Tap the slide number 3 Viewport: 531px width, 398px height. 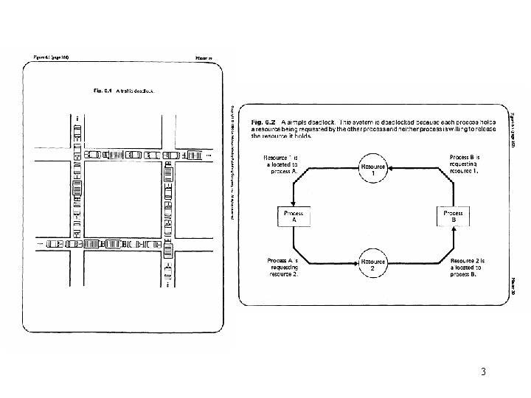(x=482, y=371)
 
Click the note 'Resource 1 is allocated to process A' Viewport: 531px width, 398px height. (x=281, y=166)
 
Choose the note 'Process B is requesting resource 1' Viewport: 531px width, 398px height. (x=465, y=164)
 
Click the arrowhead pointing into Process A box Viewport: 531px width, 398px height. (x=294, y=202)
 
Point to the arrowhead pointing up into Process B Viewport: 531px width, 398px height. (x=452, y=228)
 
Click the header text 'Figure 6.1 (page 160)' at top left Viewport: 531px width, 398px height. (x=50, y=57)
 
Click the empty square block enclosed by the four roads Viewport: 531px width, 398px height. (x=122, y=199)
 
